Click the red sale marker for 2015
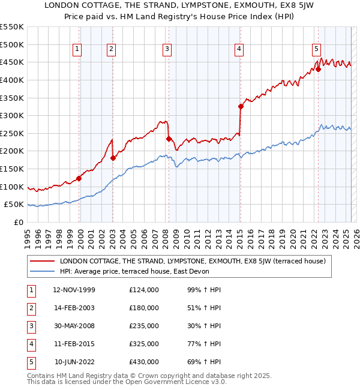(x=241, y=107)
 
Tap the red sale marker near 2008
(x=169, y=139)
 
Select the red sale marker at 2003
(x=113, y=158)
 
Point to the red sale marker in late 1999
(x=79, y=178)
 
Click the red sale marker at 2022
(x=319, y=69)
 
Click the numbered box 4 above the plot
(x=239, y=49)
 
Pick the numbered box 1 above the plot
(x=78, y=49)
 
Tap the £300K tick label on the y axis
(x=11, y=115)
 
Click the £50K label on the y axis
(x=14, y=205)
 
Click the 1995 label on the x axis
(x=28, y=235)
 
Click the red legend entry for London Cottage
(x=192, y=261)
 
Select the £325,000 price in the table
(x=144, y=344)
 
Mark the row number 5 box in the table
(x=30, y=362)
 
